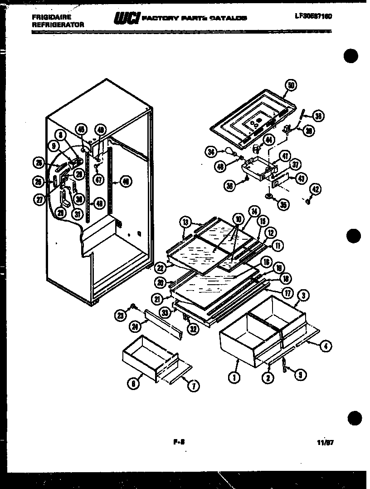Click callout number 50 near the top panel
(x=291, y=85)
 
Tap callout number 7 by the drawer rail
(x=193, y=387)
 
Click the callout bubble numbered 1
(x=234, y=376)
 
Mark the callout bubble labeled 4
(x=326, y=346)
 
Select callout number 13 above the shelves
(x=185, y=222)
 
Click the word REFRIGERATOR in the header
(x=58, y=25)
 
